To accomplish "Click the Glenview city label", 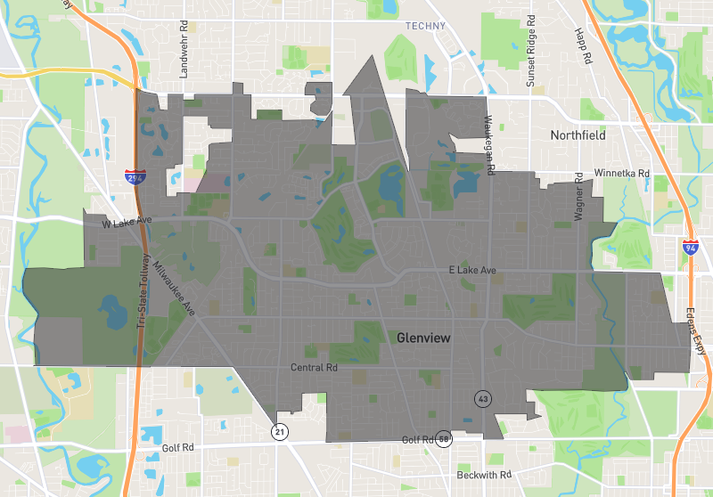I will point(422,338).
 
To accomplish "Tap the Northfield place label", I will point(578,135).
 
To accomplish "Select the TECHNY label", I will point(425,26).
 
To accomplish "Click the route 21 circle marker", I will point(280,432).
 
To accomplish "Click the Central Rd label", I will point(314,367).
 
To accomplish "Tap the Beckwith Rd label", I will point(485,475).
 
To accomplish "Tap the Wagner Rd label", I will point(578,203).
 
